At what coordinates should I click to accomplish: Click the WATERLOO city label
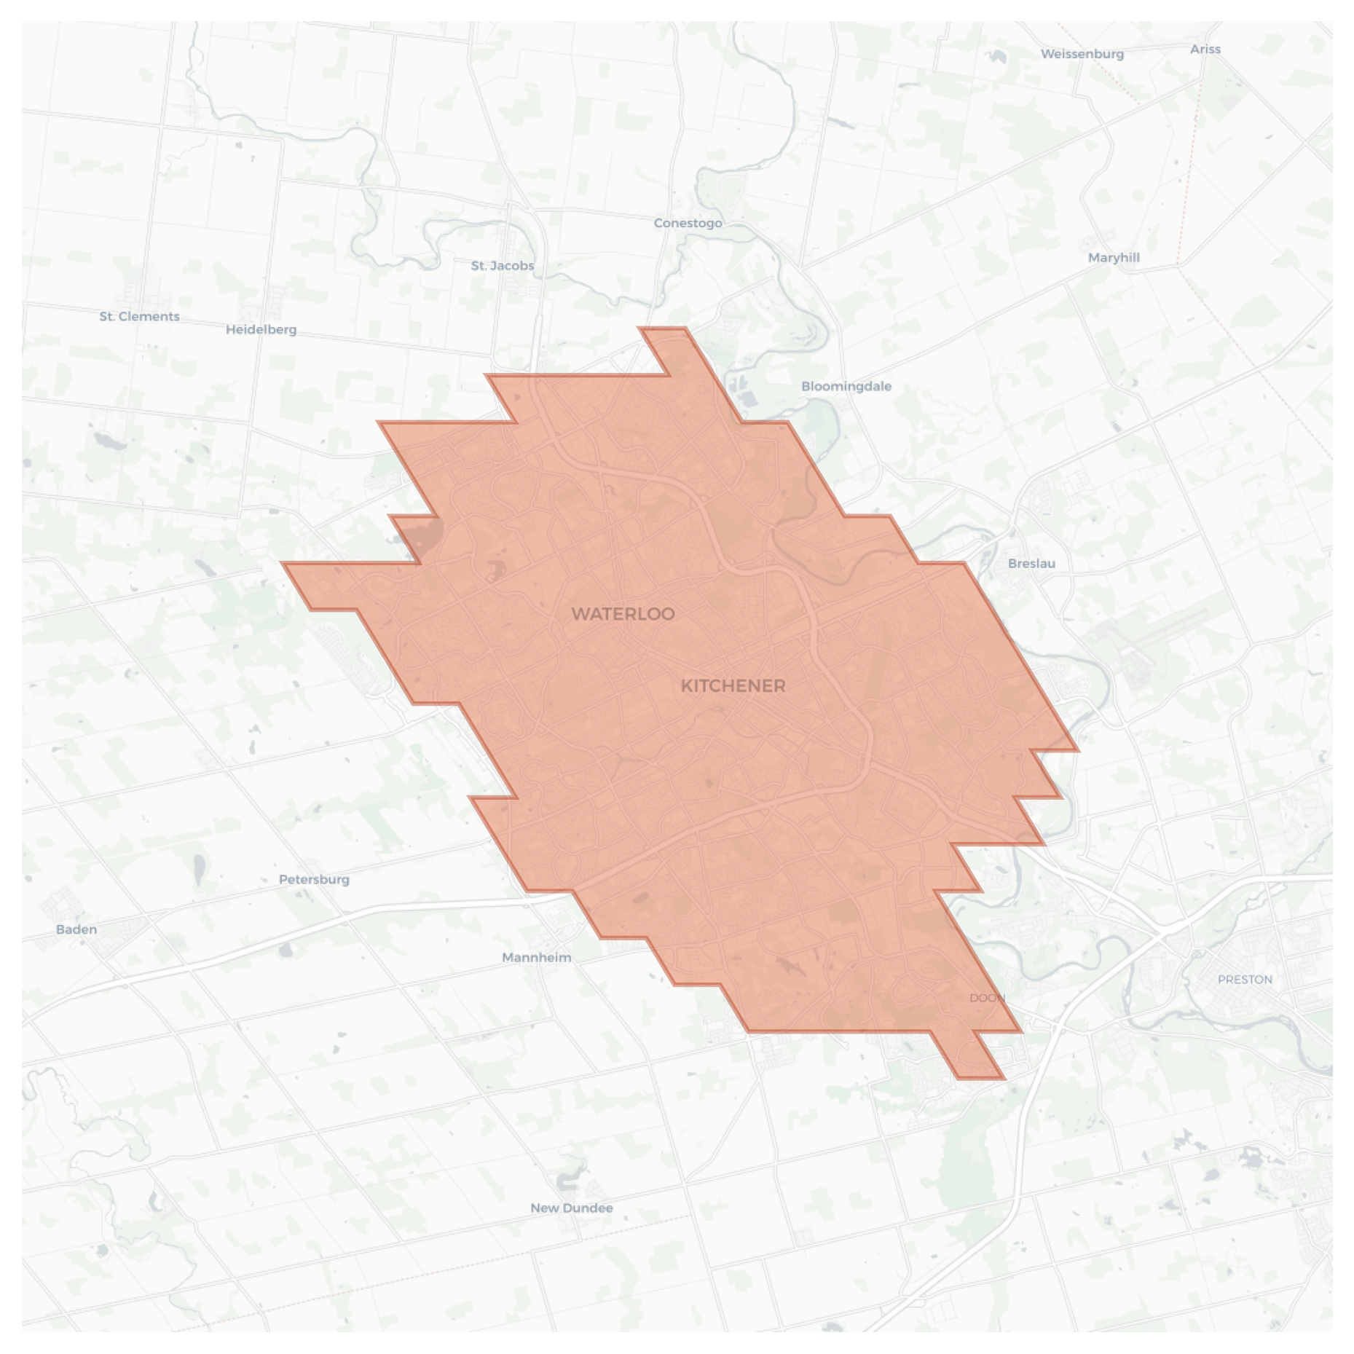(623, 614)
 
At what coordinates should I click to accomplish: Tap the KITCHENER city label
(733, 686)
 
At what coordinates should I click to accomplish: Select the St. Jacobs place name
(502, 266)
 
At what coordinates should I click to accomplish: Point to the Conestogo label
(688, 223)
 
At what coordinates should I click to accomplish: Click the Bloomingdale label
(846, 386)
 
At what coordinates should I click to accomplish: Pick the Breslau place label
(1031, 563)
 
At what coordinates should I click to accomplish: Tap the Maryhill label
(1113, 258)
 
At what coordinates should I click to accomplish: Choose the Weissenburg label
(1082, 54)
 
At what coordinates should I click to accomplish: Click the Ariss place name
(1205, 50)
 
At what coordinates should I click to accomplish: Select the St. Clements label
(139, 316)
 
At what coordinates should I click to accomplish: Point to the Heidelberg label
(261, 329)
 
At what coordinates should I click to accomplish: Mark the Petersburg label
(314, 879)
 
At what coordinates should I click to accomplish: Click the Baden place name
(76, 929)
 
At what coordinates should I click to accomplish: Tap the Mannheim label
(536, 957)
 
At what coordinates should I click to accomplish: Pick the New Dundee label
(571, 1208)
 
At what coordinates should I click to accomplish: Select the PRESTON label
(1245, 980)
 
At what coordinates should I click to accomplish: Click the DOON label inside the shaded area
(987, 998)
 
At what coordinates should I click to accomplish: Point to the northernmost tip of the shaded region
(661, 329)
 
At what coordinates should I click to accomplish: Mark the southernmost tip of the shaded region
(980, 1077)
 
